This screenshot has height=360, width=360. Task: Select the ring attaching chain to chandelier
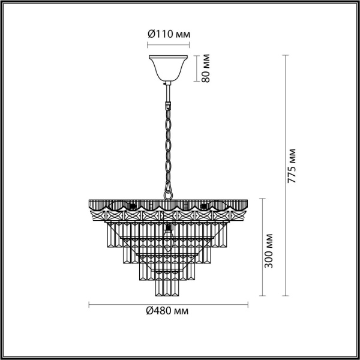[168, 193]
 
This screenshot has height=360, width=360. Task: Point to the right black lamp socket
[203, 207]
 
